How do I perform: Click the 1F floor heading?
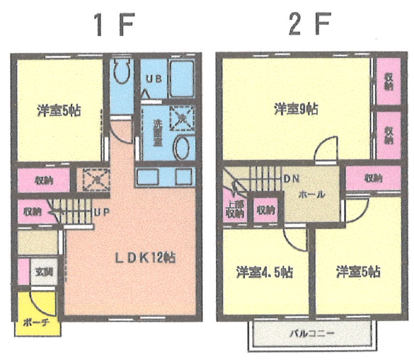113,25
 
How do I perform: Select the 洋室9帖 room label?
296,109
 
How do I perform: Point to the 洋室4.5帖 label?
264,273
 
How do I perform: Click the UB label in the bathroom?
154,79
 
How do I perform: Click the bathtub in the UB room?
181,78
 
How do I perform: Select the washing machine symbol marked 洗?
182,118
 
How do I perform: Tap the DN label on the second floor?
291,178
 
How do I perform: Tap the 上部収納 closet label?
234,210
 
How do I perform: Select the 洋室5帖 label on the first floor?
59,111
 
